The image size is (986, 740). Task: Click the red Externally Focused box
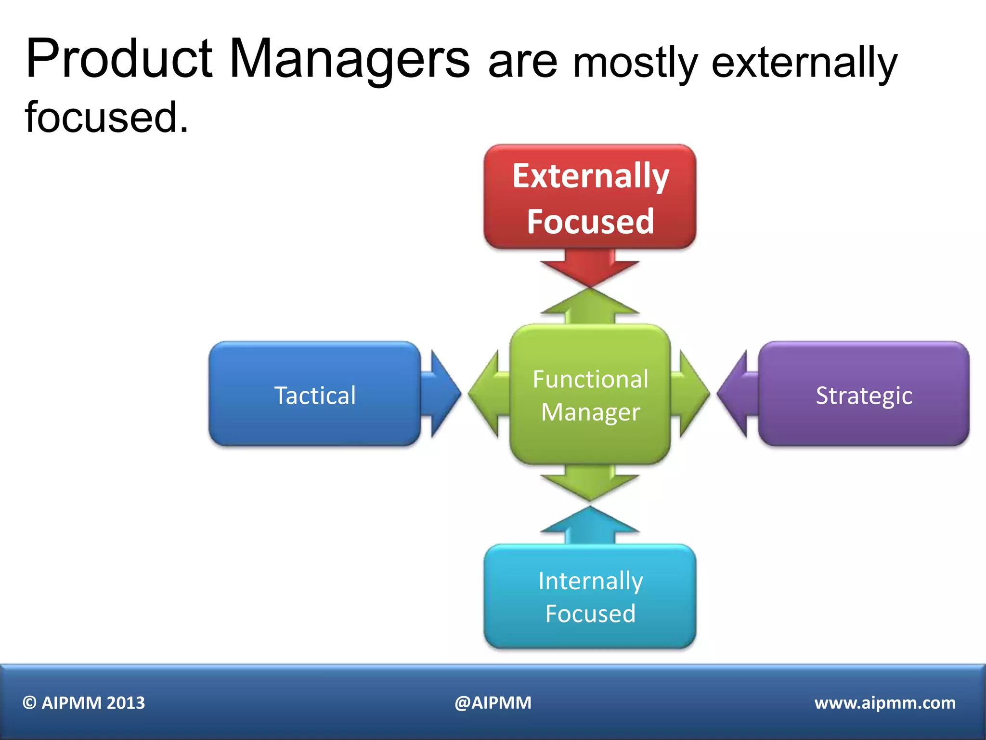tap(590, 197)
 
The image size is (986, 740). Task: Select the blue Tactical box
tap(314, 394)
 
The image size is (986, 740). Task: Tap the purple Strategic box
tap(864, 394)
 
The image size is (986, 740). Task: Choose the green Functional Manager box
tap(590, 394)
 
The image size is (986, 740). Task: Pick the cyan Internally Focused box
tap(590, 596)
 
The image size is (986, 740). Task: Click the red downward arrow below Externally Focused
tap(590, 270)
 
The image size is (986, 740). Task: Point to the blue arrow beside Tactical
tap(442, 394)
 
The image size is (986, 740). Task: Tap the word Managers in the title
tap(350, 60)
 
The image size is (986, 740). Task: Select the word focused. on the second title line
tap(107, 118)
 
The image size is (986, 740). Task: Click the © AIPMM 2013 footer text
tap(84, 703)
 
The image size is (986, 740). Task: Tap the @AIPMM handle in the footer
tap(493, 703)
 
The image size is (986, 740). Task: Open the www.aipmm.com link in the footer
tap(885, 703)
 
